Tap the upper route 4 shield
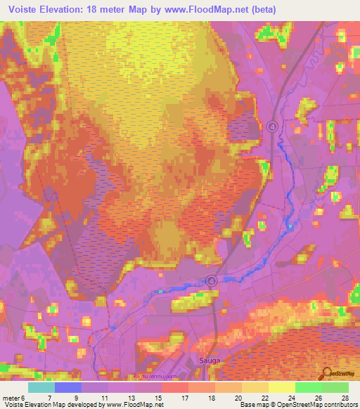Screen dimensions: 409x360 pyautogui.click(x=272, y=126)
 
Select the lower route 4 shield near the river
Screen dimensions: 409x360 pyautogui.click(x=211, y=280)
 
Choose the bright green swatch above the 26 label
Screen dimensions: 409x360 pyautogui.click(x=309, y=387)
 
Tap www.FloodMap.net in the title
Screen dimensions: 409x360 pyautogui.click(x=209, y=10)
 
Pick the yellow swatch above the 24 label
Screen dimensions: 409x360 pyautogui.click(x=282, y=387)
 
